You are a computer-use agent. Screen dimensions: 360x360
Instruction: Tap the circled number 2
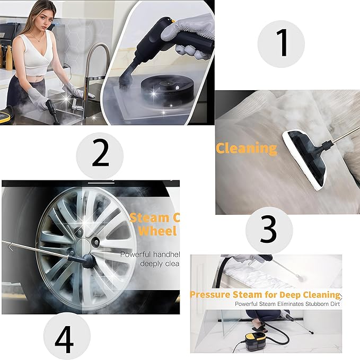tap(100, 154)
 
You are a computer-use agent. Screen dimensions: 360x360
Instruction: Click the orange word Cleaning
tap(246, 148)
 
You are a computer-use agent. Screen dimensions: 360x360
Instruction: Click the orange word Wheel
tap(157, 231)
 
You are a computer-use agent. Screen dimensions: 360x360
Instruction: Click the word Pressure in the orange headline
tap(210, 294)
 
